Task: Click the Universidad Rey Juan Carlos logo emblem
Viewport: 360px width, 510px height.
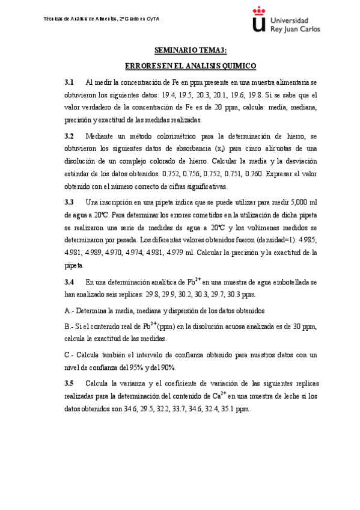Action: (258, 20)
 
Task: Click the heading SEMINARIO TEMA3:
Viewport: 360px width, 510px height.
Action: (191, 50)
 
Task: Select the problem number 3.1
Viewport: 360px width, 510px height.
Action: (69, 82)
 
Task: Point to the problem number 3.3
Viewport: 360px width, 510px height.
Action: (69, 201)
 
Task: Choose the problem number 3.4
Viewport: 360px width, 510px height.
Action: (69, 281)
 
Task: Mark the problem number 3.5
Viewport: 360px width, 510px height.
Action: (69, 383)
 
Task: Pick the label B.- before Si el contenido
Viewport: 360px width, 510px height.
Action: (68, 326)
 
